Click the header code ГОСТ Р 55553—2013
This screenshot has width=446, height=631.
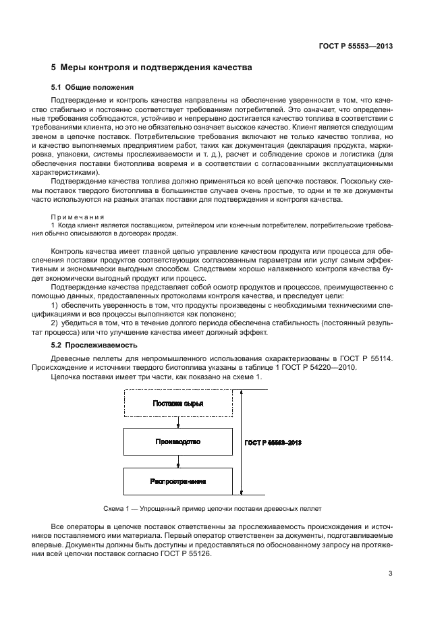pyautogui.click(x=356, y=47)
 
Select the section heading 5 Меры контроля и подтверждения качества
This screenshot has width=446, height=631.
pyautogui.click(x=152, y=68)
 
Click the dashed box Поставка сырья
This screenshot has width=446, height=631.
pyautogui.click(x=177, y=404)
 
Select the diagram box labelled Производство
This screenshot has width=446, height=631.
pyautogui.click(x=177, y=442)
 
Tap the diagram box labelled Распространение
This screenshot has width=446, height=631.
pyautogui.click(x=177, y=481)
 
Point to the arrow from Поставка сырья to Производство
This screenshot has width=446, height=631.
pyautogui.click(x=177, y=422)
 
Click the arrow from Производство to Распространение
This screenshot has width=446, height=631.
pyautogui.click(x=177, y=462)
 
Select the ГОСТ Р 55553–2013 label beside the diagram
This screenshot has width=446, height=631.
pyautogui.click(x=274, y=442)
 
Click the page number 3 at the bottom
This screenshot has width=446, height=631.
pyautogui.click(x=390, y=574)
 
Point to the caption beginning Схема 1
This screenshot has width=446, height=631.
pyautogui.click(x=202, y=507)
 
